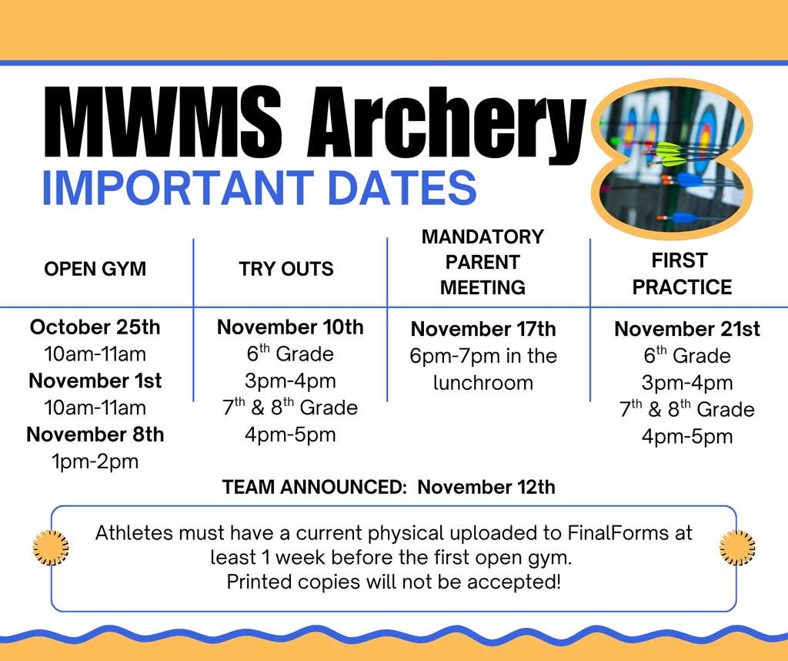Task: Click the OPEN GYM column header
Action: [95, 269]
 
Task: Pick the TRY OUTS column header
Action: [286, 269]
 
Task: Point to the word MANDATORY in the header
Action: [482, 237]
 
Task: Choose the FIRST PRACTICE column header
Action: [682, 273]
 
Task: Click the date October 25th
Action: [95, 327]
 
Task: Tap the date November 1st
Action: [95, 381]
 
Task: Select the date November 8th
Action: [95, 435]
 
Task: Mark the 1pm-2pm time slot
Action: [95, 461]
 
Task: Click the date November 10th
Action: [290, 327]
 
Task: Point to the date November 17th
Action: [483, 329]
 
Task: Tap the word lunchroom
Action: [483, 383]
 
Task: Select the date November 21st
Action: [687, 329]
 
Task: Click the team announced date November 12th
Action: [486, 487]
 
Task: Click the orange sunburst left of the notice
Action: [51, 548]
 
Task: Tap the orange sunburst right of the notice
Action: [737, 548]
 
